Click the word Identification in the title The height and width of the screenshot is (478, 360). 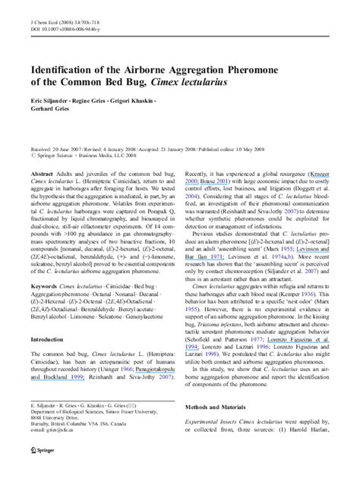(x=62, y=74)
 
